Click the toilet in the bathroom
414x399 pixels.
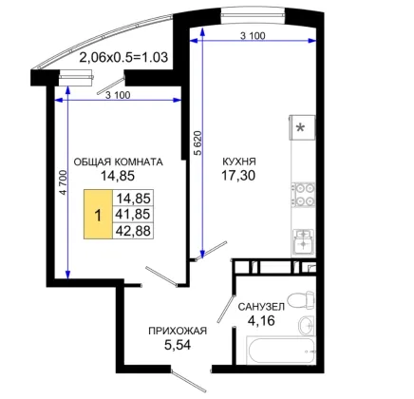tap(301, 300)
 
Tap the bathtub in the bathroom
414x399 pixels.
tap(281, 351)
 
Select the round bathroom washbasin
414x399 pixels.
tap(307, 325)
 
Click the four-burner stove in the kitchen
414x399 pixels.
tap(303, 195)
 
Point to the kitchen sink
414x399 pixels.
tap(304, 241)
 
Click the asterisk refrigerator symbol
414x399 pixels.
tap(302, 127)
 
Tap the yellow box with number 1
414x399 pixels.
tap(98, 215)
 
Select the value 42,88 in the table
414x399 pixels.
tap(133, 231)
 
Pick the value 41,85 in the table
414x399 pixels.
tap(133, 215)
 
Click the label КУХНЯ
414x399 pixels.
tap(239, 161)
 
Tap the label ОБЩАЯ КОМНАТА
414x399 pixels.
tap(118, 161)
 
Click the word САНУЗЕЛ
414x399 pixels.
tap(261, 307)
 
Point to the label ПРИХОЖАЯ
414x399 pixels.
tap(178, 331)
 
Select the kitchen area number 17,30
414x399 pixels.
tap(238, 175)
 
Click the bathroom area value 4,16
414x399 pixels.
tap(261, 321)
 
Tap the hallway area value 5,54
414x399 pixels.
tap(178, 345)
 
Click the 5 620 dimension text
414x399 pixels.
tap(198, 142)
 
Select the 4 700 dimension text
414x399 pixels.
tap(64, 182)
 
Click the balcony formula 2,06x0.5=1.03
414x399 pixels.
tap(123, 58)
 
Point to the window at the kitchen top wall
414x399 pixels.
tap(253, 16)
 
